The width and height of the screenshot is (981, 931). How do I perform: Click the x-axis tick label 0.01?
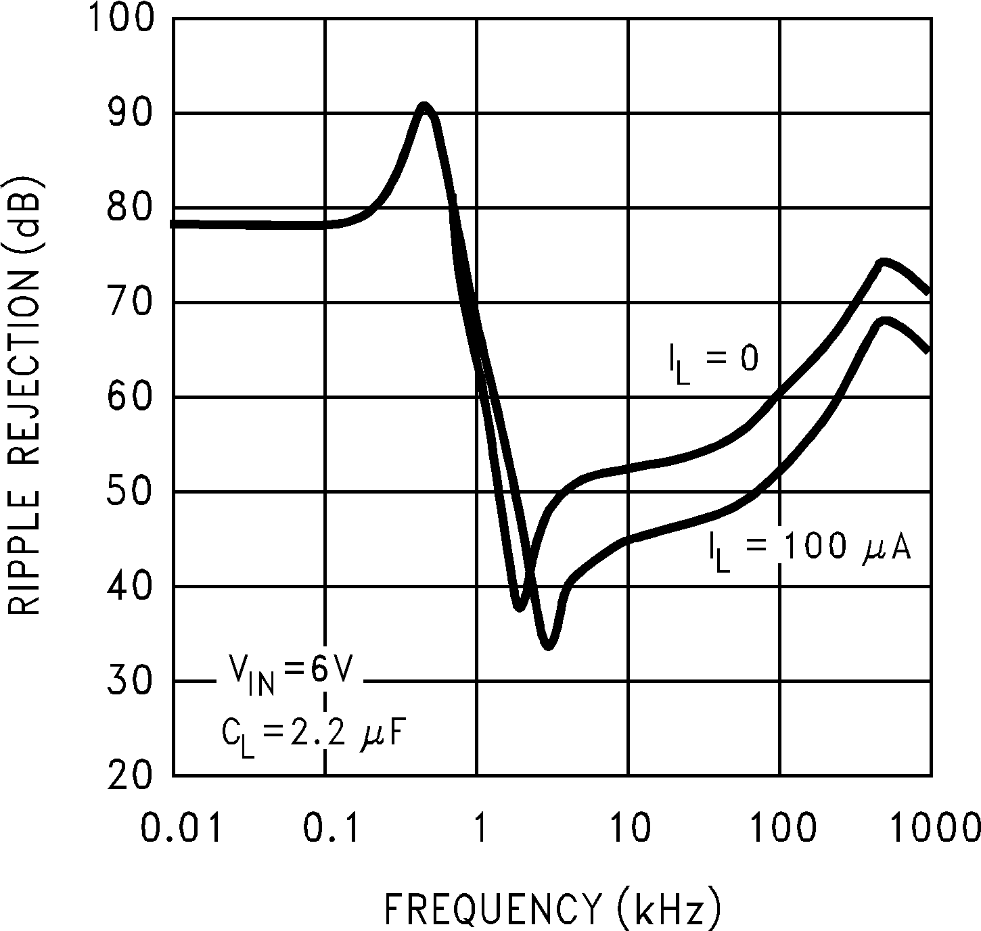pos(181,828)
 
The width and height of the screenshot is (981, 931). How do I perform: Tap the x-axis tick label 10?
pos(629,828)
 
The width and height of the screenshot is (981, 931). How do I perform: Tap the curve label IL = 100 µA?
pos(808,549)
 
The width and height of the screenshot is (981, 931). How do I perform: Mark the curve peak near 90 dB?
pos(424,108)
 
